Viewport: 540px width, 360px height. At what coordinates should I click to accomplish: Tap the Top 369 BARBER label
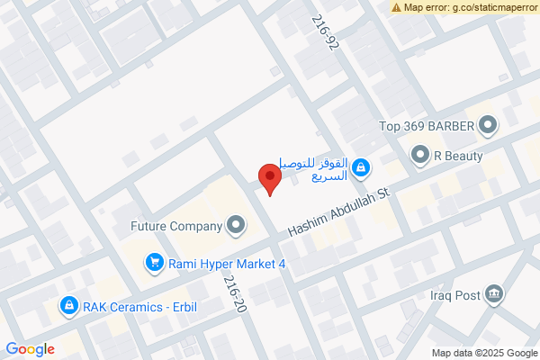pyautogui.click(x=427, y=125)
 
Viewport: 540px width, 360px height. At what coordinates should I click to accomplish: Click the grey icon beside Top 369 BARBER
pyautogui.click(x=488, y=125)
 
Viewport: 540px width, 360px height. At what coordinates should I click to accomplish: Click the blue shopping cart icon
pyautogui.click(x=154, y=263)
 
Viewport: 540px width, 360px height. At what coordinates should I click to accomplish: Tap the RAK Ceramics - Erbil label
pyautogui.click(x=139, y=306)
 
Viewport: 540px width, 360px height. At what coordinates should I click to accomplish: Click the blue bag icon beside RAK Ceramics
pyautogui.click(x=67, y=306)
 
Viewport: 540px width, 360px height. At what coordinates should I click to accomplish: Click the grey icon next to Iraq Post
pyautogui.click(x=493, y=293)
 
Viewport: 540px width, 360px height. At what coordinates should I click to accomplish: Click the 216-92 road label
pyautogui.click(x=323, y=32)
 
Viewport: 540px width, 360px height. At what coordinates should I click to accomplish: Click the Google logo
pyautogui.click(x=30, y=349)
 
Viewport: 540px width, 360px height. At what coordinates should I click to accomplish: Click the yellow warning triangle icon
pyautogui.click(x=396, y=7)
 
